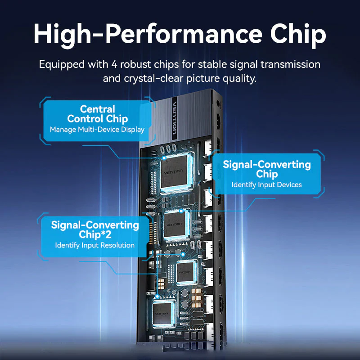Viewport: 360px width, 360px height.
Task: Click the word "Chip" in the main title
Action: click(x=298, y=35)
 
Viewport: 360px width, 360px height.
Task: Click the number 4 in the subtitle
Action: click(x=114, y=64)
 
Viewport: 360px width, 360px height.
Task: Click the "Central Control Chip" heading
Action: click(x=97, y=114)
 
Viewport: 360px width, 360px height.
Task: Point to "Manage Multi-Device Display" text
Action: click(x=97, y=130)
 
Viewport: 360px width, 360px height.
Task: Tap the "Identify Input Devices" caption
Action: click(x=266, y=185)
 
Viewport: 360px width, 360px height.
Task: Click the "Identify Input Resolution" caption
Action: click(x=95, y=245)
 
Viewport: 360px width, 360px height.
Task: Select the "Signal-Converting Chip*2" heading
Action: click(x=95, y=229)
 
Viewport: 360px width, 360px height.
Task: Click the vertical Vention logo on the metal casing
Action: click(x=175, y=118)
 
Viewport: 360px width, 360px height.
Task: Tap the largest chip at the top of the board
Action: click(x=175, y=172)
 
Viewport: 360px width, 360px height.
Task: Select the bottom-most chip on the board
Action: click(x=162, y=313)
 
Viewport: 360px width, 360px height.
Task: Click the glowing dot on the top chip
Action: click(x=164, y=158)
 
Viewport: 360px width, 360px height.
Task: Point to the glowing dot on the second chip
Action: click(x=181, y=211)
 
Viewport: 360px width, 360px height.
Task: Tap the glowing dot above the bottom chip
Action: click(x=157, y=297)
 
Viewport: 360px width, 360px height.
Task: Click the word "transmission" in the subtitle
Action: click(x=290, y=64)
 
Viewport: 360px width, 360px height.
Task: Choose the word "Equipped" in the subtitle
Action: click(x=62, y=65)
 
